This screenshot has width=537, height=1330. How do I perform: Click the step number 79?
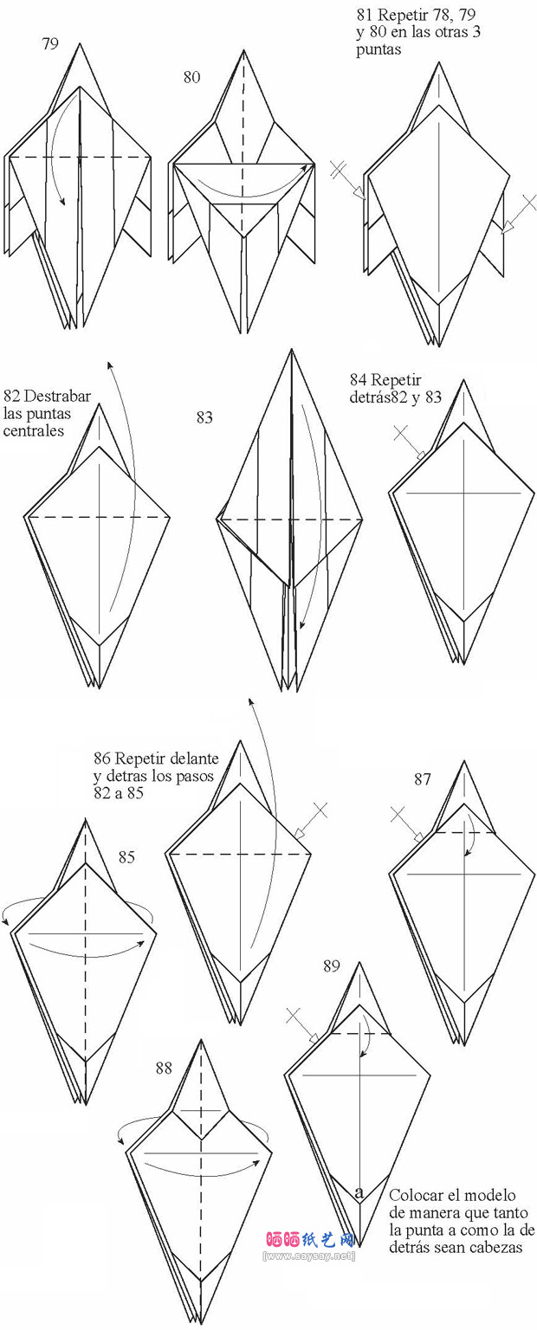[50, 44]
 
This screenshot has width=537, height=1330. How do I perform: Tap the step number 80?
[191, 77]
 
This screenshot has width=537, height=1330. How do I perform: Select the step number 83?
[204, 418]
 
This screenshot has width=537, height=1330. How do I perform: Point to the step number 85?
[126, 856]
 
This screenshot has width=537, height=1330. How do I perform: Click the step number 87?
[422, 779]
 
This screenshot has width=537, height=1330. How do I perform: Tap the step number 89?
[332, 966]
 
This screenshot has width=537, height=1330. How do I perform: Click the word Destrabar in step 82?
[58, 396]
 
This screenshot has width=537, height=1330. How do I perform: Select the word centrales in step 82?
[33, 430]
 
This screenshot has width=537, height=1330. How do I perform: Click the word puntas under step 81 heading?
[378, 50]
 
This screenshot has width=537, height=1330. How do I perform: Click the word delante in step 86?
[194, 759]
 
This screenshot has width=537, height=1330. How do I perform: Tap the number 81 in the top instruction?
[365, 15]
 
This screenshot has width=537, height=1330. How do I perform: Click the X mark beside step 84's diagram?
[402, 433]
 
